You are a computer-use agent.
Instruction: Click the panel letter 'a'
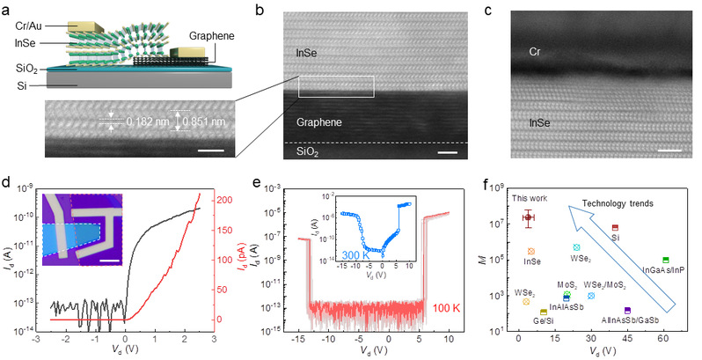point(7,7)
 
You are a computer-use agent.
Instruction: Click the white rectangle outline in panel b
point(336,86)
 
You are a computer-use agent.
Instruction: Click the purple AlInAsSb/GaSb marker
point(627,311)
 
